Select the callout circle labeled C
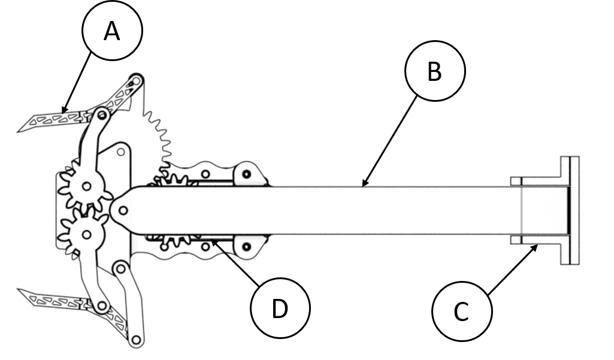(462, 312)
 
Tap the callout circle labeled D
(279, 309)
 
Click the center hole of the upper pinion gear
(87, 186)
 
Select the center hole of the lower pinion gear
(87, 234)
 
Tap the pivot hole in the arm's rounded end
(123, 210)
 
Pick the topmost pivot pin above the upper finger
(137, 79)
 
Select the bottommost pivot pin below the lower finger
(135, 341)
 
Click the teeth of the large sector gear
(161, 132)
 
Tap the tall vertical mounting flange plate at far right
(570, 210)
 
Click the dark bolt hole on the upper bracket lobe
(246, 175)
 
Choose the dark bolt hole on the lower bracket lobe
(246, 246)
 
